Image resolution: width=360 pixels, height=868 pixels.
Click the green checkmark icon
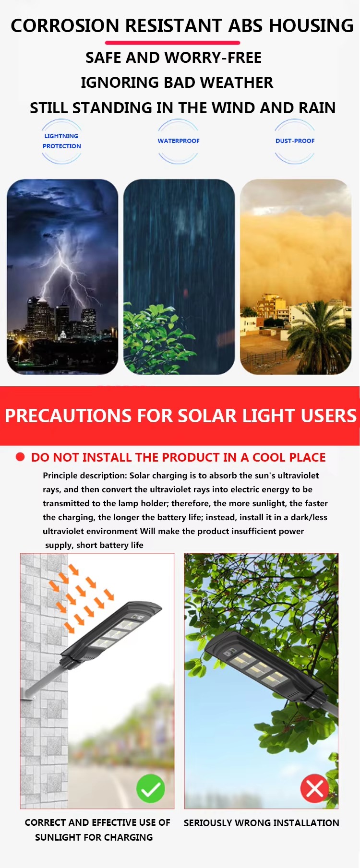(x=150, y=788)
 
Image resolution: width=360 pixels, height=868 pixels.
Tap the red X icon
(x=314, y=788)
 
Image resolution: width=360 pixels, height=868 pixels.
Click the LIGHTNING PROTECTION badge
(x=61, y=141)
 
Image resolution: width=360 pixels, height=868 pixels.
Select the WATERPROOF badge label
(x=179, y=141)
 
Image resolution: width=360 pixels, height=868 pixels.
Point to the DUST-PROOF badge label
(x=295, y=141)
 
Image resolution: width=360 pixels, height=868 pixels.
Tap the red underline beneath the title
(x=172, y=43)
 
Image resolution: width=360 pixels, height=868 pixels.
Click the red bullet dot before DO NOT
(x=20, y=457)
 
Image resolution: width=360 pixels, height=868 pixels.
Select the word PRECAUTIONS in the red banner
(x=68, y=416)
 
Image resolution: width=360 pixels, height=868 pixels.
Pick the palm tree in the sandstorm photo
(x=319, y=336)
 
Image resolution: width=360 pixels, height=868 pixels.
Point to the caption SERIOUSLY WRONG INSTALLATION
(x=261, y=823)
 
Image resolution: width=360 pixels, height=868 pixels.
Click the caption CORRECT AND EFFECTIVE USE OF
(x=97, y=822)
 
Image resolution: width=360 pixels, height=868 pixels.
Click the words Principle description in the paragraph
(x=84, y=476)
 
